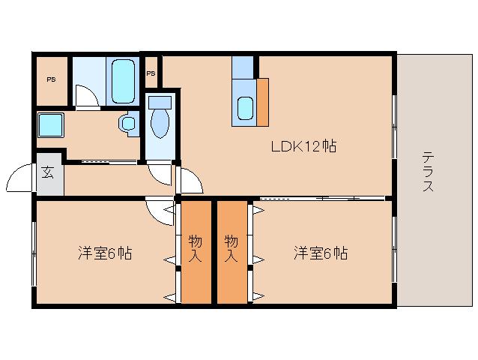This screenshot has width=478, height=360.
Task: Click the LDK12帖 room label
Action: (x=303, y=147)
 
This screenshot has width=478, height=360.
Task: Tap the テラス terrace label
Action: (x=428, y=172)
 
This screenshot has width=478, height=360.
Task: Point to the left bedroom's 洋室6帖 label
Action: (x=105, y=253)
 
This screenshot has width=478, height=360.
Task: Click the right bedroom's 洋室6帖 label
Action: (x=320, y=253)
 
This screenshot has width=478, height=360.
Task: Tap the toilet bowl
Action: (x=159, y=120)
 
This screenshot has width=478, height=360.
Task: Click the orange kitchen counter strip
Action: (x=262, y=100)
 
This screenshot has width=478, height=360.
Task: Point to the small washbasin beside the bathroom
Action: (x=129, y=122)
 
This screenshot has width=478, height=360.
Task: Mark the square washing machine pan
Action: (x=51, y=124)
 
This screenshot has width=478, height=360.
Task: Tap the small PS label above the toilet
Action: (x=151, y=73)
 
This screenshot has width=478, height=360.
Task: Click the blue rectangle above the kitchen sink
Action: (x=243, y=67)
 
